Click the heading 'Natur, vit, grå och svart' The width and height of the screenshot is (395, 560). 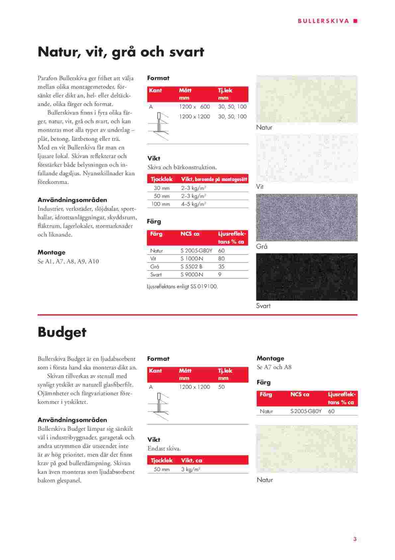pos(121,52)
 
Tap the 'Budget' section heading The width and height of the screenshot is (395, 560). pos(62,332)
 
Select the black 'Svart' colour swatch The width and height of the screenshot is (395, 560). pos(307,277)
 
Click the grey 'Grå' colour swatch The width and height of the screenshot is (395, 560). pos(307,217)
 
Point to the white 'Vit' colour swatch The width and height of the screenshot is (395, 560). pos(307,158)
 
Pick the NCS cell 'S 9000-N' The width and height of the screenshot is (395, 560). pos(192,275)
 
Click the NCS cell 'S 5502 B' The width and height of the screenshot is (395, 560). pos(192,267)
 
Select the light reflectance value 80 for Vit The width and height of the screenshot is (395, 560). pos(221,259)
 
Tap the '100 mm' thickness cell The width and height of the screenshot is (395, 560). pos(161,204)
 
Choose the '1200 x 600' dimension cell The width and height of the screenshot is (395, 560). pos(195,107)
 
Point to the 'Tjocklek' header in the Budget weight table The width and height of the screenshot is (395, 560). pos(162,461)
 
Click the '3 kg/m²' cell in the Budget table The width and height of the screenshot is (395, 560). pos(191,470)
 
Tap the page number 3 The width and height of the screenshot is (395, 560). pos(355,539)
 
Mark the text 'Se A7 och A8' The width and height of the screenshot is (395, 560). pos(274,367)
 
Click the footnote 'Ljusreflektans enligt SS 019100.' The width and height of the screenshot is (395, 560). pos(183,286)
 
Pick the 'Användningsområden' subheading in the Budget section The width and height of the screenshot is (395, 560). pos(72,420)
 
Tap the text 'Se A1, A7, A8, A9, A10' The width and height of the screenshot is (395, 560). pos(68,261)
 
